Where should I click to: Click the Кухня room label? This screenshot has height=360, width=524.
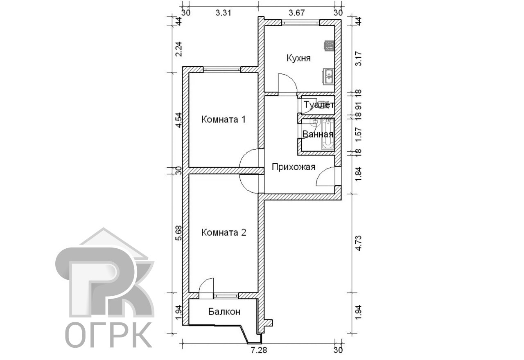[299, 58]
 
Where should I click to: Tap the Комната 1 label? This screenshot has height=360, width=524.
[224, 119]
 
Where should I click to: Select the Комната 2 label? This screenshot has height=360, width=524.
[224, 232]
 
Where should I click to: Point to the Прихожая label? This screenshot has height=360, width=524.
[294, 167]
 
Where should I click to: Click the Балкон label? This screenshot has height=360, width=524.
[224, 312]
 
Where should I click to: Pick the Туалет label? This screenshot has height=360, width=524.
[319, 105]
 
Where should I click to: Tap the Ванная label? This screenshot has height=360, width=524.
[318, 135]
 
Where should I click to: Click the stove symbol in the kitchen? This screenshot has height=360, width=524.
[329, 46]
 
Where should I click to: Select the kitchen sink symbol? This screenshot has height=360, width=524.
[329, 76]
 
